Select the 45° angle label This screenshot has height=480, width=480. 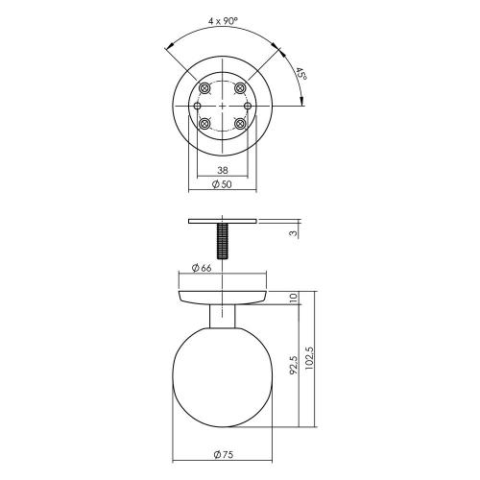(x=300, y=75)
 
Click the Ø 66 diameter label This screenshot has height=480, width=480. (x=202, y=267)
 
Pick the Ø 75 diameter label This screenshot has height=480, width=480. (x=222, y=453)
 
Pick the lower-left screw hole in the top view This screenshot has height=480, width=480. (x=204, y=123)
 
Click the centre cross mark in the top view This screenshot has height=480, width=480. (x=222, y=104)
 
